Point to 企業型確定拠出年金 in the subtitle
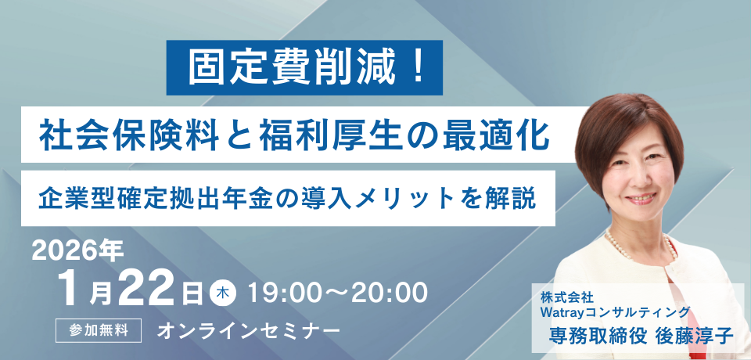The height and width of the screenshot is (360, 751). coord(160,198)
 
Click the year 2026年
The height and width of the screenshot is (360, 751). coord(77,252)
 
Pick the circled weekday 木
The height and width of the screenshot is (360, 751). coord(223,293)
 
